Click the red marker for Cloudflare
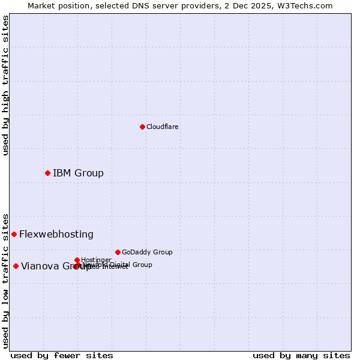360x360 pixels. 142,127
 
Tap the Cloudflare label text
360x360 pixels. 163,127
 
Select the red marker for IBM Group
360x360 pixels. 47,173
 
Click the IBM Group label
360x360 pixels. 78,173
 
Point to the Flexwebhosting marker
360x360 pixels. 14,234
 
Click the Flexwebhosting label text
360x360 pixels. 56,235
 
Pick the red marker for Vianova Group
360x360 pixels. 16,266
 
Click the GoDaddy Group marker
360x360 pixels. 118,252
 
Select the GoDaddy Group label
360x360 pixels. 147,253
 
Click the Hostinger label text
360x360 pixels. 97,260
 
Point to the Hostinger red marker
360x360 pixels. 77,260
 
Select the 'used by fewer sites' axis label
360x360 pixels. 62,355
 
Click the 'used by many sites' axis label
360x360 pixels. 301,355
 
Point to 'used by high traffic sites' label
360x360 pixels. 5,85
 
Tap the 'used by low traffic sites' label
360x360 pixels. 5,281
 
